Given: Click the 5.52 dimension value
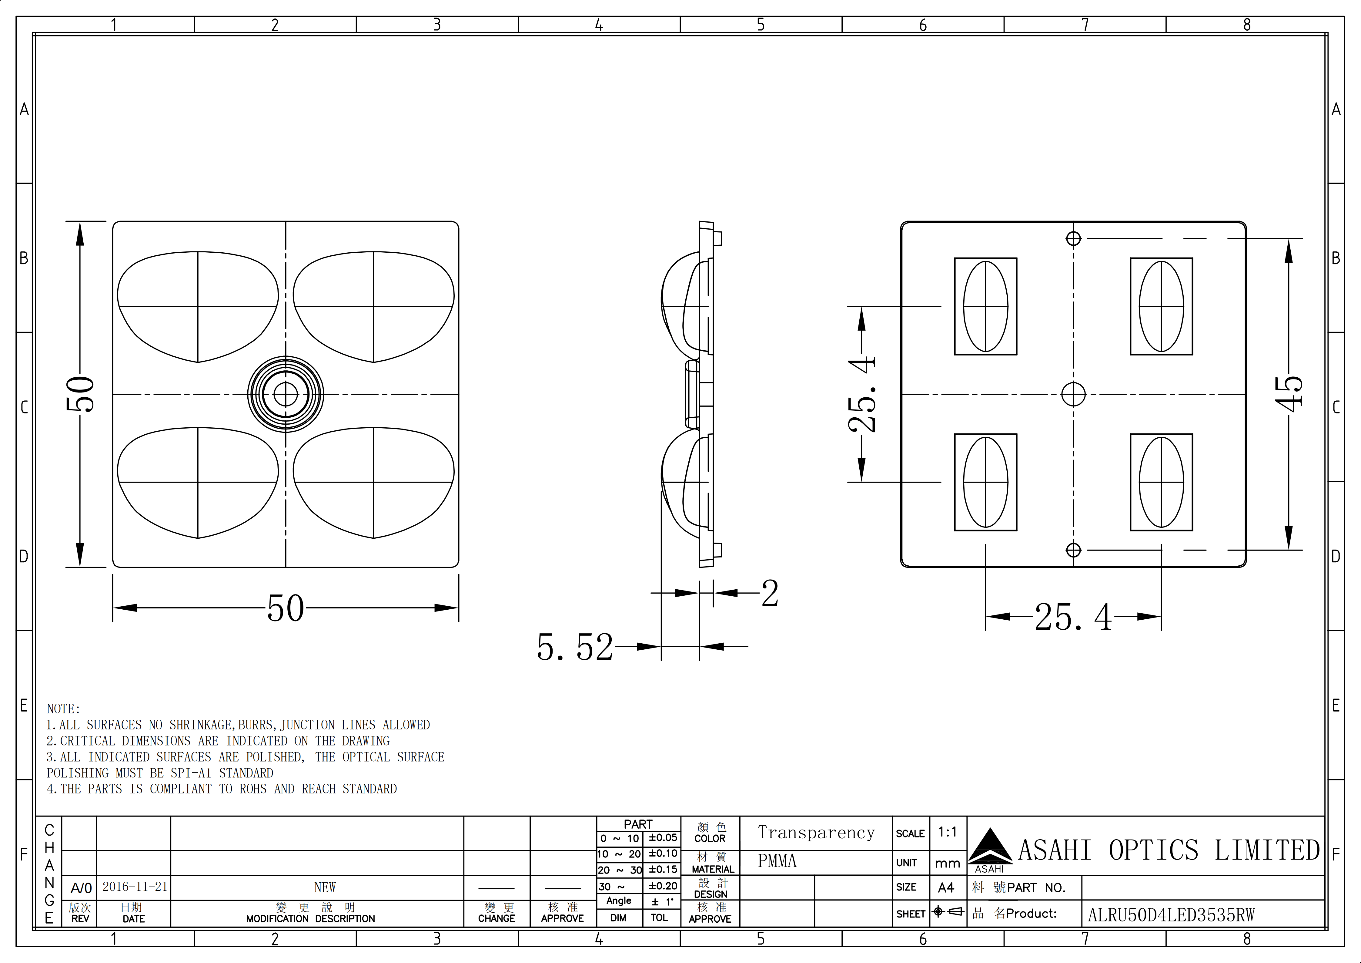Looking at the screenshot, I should pyautogui.click(x=574, y=647).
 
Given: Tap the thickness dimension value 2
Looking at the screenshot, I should pyautogui.click(x=769, y=594).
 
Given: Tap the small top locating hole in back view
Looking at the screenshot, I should pyautogui.click(x=1073, y=238).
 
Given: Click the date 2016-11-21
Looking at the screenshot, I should pyautogui.click(x=135, y=887).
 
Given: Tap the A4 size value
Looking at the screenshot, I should pyautogui.click(x=946, y=888).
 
